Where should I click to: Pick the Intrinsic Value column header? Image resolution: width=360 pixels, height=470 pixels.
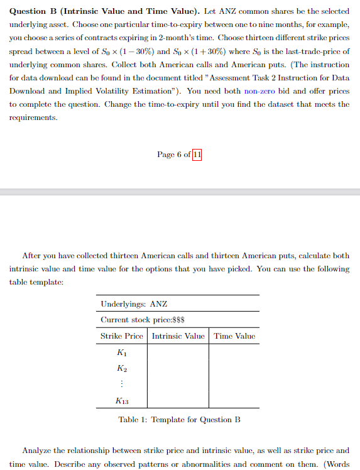pos(178,336)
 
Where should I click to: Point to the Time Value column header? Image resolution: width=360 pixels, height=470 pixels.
pos(234,336)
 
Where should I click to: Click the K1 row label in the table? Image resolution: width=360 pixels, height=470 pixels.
pos(122,353)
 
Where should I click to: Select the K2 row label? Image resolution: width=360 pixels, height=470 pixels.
pos(122,368)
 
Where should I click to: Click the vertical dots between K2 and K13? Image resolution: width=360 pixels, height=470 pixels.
pos(122,384)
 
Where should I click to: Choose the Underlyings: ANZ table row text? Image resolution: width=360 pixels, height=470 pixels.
pos(134,304)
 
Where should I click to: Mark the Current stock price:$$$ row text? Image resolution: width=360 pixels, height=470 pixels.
pos(141,320)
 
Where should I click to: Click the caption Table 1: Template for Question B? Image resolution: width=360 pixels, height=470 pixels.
pos(179,420)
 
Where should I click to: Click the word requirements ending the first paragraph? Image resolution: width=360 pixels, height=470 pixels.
pos(32,117)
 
